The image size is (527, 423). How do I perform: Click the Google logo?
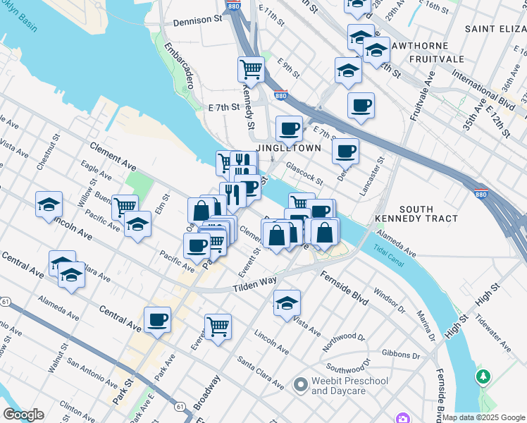23,415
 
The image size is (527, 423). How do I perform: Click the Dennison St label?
197,21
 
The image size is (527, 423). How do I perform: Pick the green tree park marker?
483,376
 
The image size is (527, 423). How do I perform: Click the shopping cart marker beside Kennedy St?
251,69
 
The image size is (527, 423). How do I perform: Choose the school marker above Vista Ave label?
287,302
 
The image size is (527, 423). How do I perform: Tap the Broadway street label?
206,393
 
